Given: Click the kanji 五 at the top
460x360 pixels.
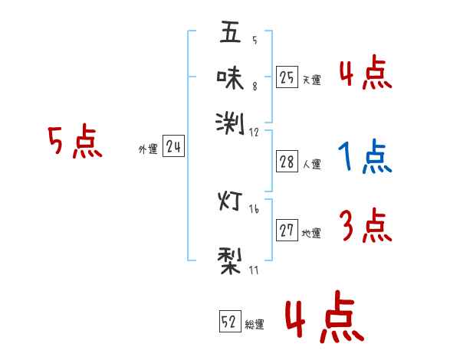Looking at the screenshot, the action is [x=230, y=32].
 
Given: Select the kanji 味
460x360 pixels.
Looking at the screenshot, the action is [x=230, y=77].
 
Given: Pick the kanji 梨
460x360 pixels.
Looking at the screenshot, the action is [x=230, y=258].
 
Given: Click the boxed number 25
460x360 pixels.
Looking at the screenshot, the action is [x=287, y=77].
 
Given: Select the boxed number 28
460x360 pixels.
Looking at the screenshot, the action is [x=287, y=162].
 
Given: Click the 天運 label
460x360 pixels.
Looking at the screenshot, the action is [x=311, y=80].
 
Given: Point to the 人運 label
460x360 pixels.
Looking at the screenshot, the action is [x=311, y=164].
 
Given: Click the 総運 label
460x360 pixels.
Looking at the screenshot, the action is [x=255, y=325].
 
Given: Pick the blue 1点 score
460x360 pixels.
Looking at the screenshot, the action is [x=365, y=158].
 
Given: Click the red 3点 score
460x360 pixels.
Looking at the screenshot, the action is [x=365, y=227].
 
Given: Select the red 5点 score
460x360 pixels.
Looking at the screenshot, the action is [x=74, y=142].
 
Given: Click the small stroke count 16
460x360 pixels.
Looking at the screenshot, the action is [x=254, y=209].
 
